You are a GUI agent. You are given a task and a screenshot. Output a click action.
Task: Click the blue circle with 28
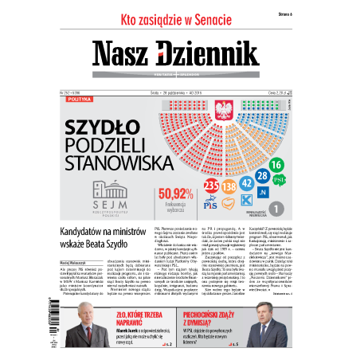click(x=264, y=174)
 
